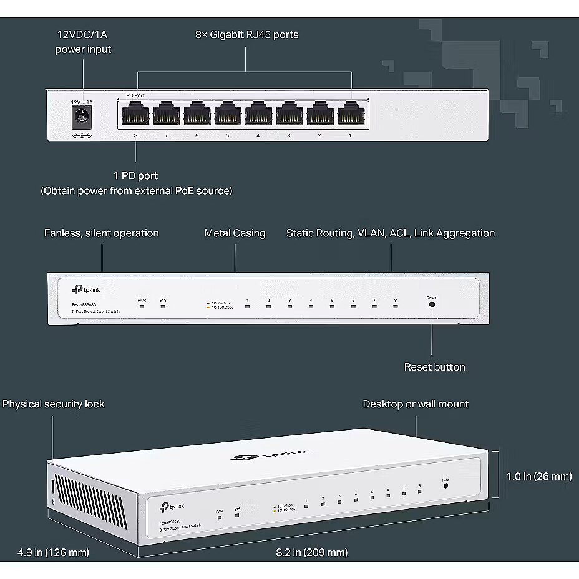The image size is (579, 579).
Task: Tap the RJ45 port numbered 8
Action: [x=135, y=115]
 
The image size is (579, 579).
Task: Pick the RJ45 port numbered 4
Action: [x=258, y=115]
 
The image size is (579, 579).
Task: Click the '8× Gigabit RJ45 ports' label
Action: [x=246, y=34]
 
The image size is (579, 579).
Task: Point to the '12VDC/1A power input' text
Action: [x=83, y=42]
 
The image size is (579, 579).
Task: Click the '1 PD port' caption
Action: [x=135, y=176]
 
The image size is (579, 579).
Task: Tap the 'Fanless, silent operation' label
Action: [x=101, y=233]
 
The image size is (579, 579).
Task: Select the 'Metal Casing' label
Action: [x=235, y=233]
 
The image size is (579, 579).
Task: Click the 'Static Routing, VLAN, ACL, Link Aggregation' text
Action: [x=391, y=233]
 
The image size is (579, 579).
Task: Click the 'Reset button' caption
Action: [x=434, y=367]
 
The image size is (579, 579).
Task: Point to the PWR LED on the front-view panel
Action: [x=142, y=307]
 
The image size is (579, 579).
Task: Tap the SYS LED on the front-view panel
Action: [x=163, y=307]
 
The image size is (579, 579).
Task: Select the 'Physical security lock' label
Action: [x=54, y=404]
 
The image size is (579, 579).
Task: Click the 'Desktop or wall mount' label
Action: [x=416, y=404]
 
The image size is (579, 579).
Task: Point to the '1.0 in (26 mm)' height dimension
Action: [x=538, y=476]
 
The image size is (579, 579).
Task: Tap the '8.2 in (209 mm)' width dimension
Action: [x=312, y=552]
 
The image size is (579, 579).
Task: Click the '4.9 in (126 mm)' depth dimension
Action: [x=53, y=552]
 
